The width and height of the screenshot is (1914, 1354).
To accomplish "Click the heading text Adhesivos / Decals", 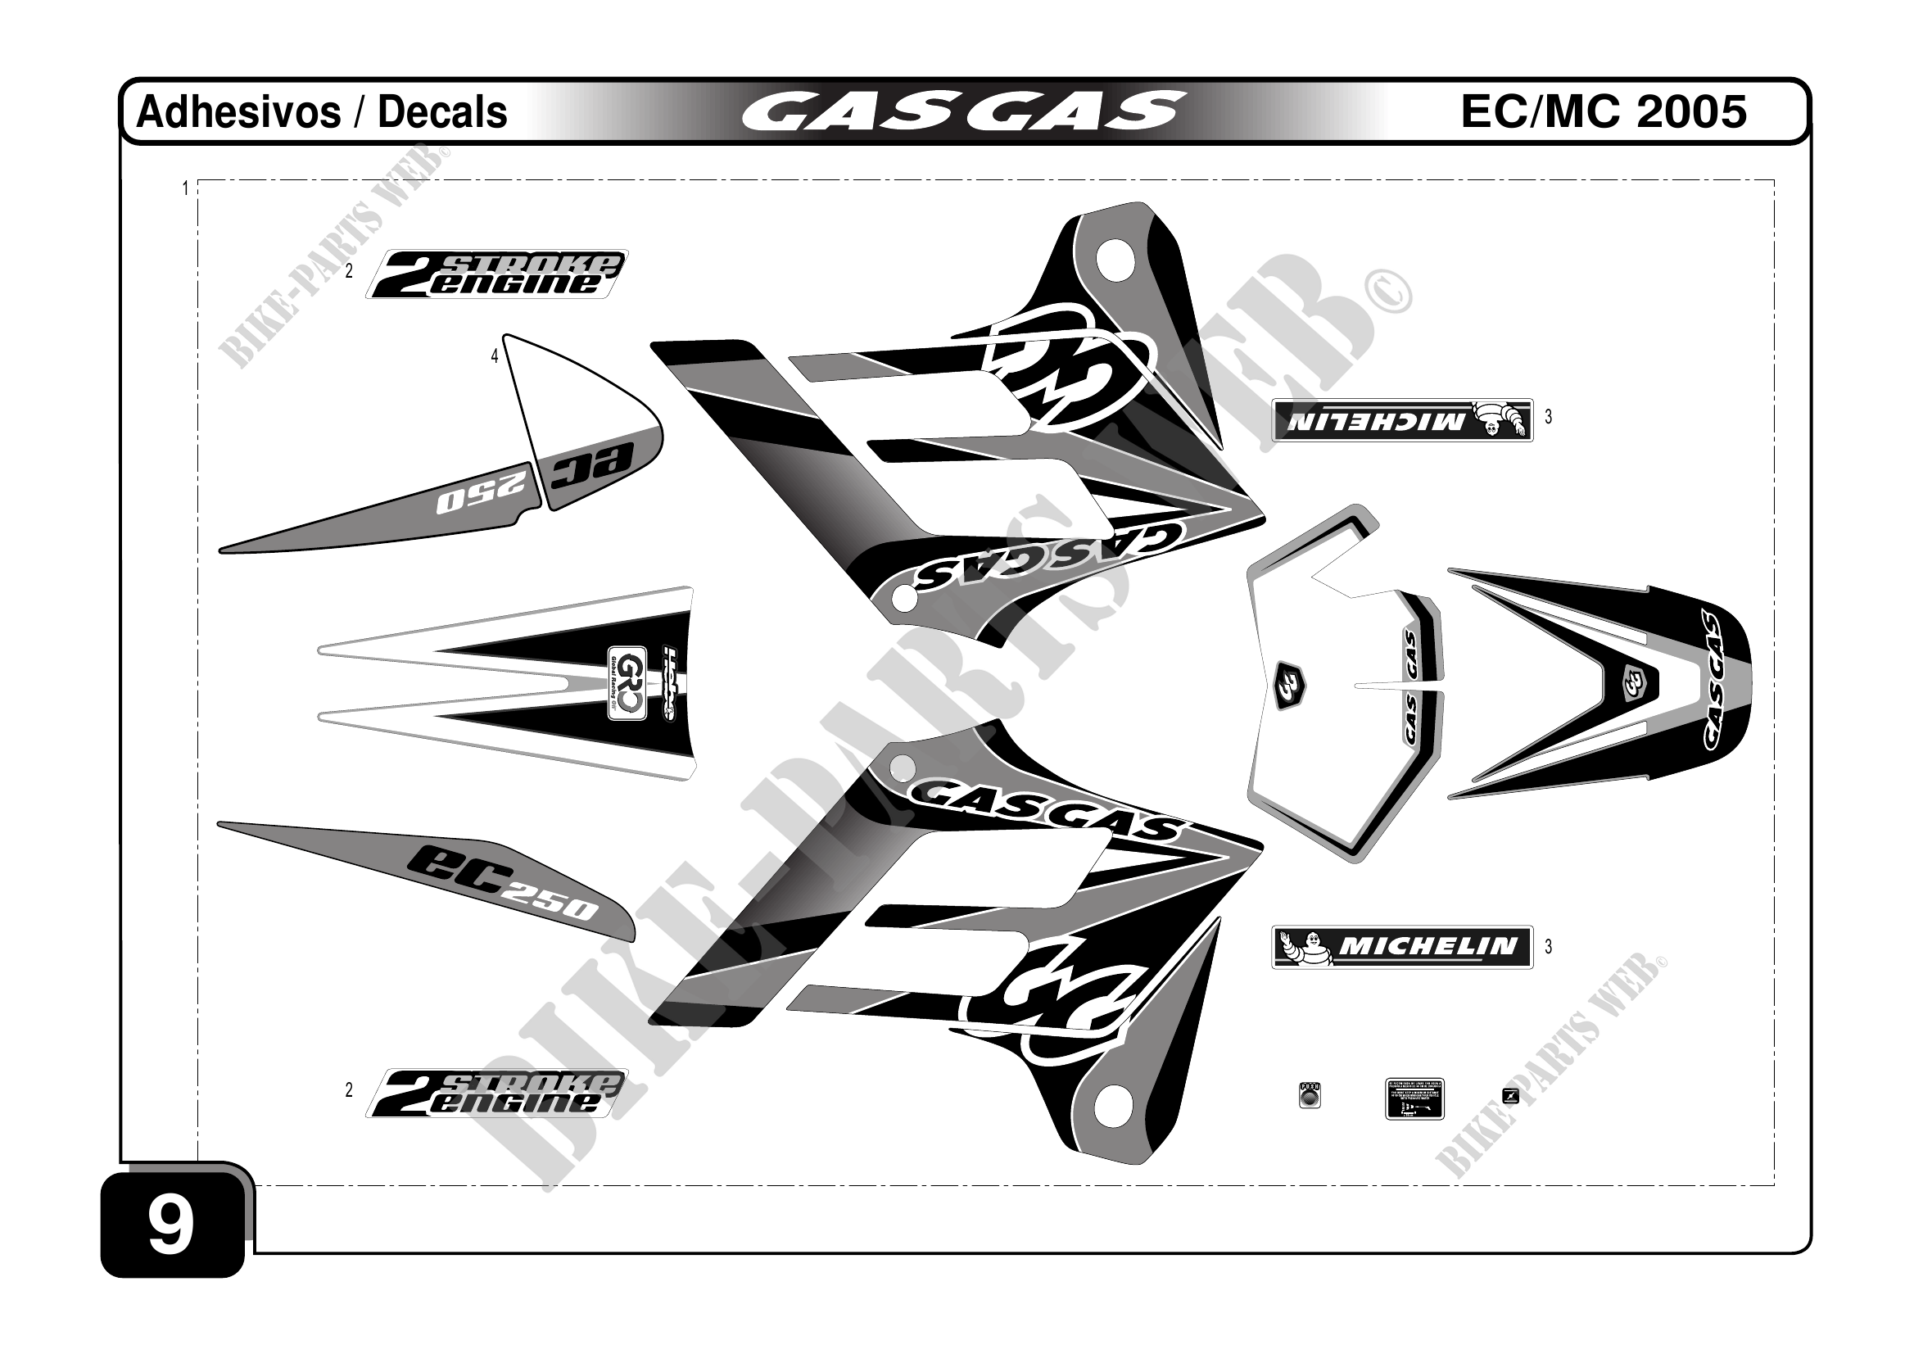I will pyautogui.click(x=321, y=111).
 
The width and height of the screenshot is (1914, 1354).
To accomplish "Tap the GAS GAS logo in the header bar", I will pyautogui.click(x=963, y=111).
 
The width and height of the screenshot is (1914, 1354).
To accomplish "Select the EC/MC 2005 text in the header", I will pyautogui.click(x=1603, y=111).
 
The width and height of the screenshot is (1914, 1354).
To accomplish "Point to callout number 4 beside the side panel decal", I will pyautogui.click(x=495, y=357).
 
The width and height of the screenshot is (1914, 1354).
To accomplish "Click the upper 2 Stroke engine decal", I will pyautogui.click(x=497, y=274).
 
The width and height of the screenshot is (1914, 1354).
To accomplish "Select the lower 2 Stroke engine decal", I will pyautogui.click(x=497, y=1093).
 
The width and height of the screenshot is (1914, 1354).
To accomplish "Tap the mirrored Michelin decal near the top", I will pyautogui.click(x=1402, y=420).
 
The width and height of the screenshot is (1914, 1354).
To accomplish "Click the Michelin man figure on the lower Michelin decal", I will pyautogui.click(x=1303, y=947).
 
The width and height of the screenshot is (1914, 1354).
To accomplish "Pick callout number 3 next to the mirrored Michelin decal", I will pyautogui.click(x=1548, y=417).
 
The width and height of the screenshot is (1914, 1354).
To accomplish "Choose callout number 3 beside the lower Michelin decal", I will pyautogui.click(x=1548, y=946).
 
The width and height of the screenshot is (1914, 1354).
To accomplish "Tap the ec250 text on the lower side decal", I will pyautogui.click(x=500, y=885).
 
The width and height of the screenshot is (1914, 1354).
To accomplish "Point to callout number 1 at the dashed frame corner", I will pyautogui.click(x=185, y=188).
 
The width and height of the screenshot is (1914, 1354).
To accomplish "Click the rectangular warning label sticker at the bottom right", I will pyautogui.click(x=1414, y=1099).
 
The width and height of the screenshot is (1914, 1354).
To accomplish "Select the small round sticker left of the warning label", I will pyautogui.click(x=1310, y=1095).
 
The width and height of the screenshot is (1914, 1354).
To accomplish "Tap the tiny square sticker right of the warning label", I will pyautogui.click(x=1509, y=1095).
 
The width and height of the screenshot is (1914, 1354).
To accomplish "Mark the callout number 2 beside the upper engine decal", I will pyautogui.click(x=349, y=271).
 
